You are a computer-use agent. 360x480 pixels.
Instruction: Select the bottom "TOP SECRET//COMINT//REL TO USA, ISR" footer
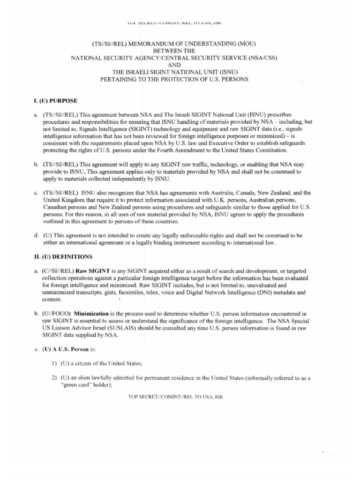pyautogui.click(x=175, y=397)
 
